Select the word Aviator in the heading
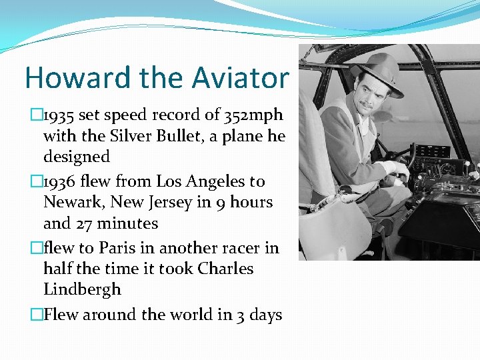point(241,77)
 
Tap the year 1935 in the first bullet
point(59,115)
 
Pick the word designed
point(76,157)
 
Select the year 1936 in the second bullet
point(59,181)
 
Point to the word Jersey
point(155,202)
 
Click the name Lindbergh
point(82,289)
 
